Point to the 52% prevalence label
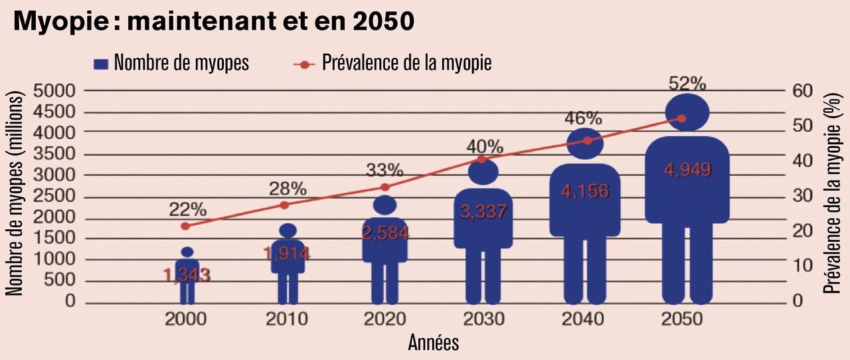tap(687, 84)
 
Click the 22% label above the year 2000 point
tap(187, 209)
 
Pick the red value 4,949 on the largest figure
tap(687, 169)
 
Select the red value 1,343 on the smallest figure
tap(187, 274)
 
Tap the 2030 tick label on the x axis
tap(483, 319)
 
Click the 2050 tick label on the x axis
tap(681, 319)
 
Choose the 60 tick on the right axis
tap(802, 90)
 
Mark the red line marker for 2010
tap(285, 205)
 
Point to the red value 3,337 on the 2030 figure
tap(483, 213)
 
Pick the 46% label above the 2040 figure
tap(583, 119)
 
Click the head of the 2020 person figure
tap(384, 205)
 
